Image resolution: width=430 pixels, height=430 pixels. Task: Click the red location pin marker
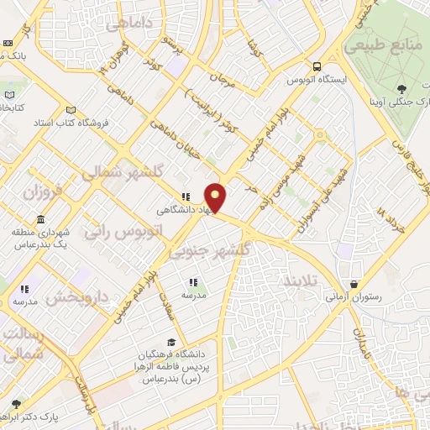coord(216,197)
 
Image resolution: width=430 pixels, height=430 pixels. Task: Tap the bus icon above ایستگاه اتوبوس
coord(317,66)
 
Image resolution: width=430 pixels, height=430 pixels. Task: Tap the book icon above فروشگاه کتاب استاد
coord(71,110)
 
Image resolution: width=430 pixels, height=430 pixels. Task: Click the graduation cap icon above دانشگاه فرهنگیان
coord(172,343)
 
